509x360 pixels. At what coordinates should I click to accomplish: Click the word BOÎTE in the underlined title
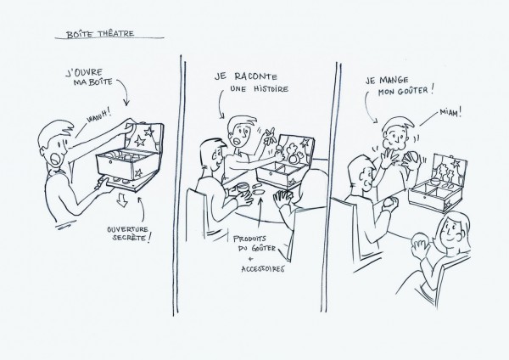(81, 35)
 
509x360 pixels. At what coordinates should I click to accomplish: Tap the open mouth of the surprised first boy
(57, 159)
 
